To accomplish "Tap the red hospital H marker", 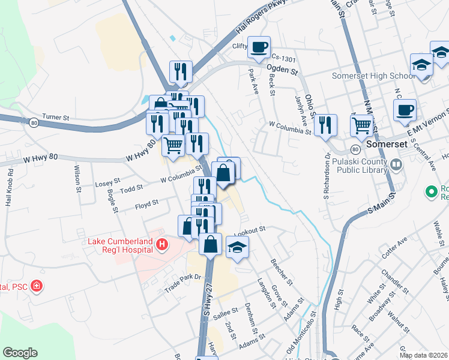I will (161, 244).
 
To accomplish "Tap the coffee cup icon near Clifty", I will (259, 47).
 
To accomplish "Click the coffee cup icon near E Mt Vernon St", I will (405, 110).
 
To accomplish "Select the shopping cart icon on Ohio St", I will (362, 125).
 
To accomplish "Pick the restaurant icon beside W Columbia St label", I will (325, 124).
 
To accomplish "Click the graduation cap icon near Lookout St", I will (238, 247).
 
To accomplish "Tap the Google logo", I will (20, 353).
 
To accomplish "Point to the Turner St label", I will (57, 117).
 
